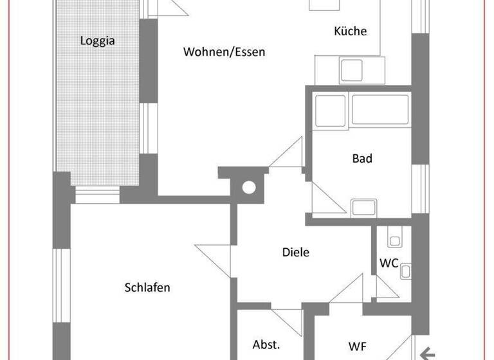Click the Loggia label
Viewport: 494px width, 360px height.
[x=97, y=40]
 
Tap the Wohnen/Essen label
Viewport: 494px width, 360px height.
[x=224, y=52]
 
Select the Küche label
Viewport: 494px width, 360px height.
[x=351, y=31]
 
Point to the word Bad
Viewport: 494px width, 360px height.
[x=362, y=158]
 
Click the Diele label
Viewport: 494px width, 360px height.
[x=296, y=252]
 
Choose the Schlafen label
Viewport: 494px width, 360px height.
[x=147, y=287]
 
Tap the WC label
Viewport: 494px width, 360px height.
[x=389, y=263]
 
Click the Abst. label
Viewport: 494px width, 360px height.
[x=266, y=344]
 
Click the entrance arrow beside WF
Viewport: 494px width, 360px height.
[x=427, y=352]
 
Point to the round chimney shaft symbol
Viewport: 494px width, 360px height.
[x=248, y=188]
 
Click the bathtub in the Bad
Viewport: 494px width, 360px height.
[x=380, y=111]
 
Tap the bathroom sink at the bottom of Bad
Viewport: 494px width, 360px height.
[x=363, y=208]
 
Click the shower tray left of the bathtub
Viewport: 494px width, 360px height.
[x=329, y=110]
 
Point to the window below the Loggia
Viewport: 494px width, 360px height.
[x=97, y=194]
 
